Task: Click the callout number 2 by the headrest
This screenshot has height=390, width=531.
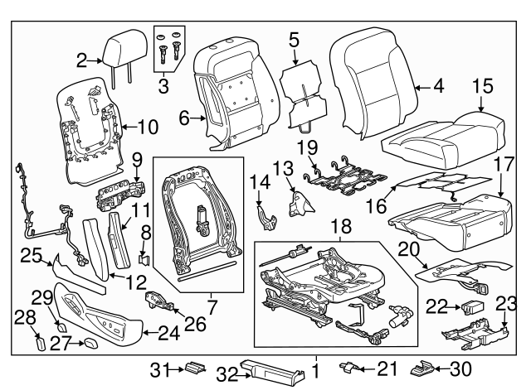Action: [x=81, y=60]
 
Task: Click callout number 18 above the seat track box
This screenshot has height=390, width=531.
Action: [x=341, y=226]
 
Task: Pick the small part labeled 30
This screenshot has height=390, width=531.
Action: [x=424, y=366]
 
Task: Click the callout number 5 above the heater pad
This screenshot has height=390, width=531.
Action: [x=295, y=40]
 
